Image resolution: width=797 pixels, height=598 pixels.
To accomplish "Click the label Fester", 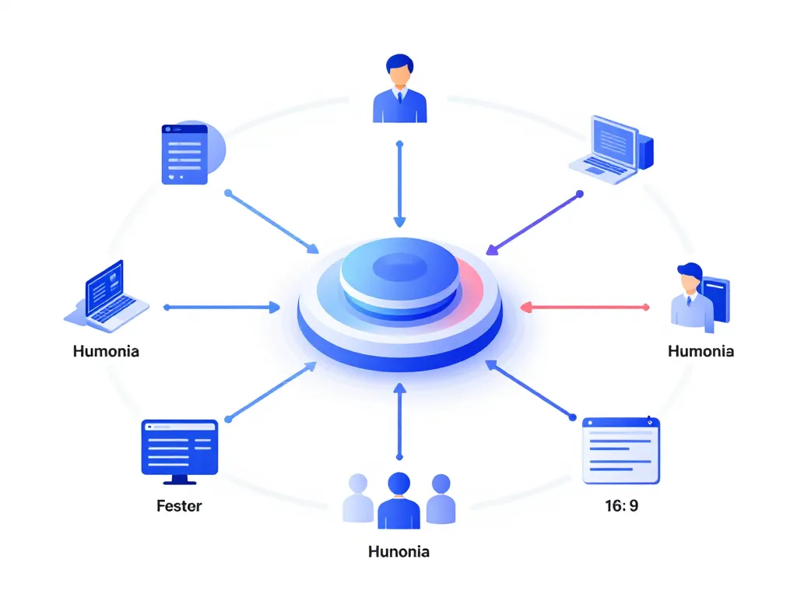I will pos(179,506).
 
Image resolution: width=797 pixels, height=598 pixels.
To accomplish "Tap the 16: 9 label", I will pos(621,506).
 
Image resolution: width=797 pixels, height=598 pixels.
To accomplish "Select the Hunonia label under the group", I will pos(398,552).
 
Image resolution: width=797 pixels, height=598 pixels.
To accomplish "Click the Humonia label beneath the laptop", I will pos(106,351).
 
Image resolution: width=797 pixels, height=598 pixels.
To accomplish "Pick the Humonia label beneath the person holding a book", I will pos(700,351).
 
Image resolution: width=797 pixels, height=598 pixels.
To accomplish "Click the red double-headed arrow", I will pos(585,308).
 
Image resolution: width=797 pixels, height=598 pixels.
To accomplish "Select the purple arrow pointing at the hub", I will pos(534,223).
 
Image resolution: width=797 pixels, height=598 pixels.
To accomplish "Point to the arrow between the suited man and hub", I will pos(399,184).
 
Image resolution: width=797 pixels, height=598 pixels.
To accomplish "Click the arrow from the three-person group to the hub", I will pos(399,420).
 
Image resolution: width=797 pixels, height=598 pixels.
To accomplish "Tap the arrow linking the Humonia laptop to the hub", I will pos(221,308).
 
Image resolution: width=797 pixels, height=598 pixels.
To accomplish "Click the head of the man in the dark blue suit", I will pos(399,70).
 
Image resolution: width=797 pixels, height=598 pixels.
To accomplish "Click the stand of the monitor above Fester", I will pos(179,479).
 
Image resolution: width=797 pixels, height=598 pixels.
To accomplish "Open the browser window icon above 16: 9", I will pos(621,450).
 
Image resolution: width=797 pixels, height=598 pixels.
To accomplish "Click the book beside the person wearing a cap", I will pos(718,300).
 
